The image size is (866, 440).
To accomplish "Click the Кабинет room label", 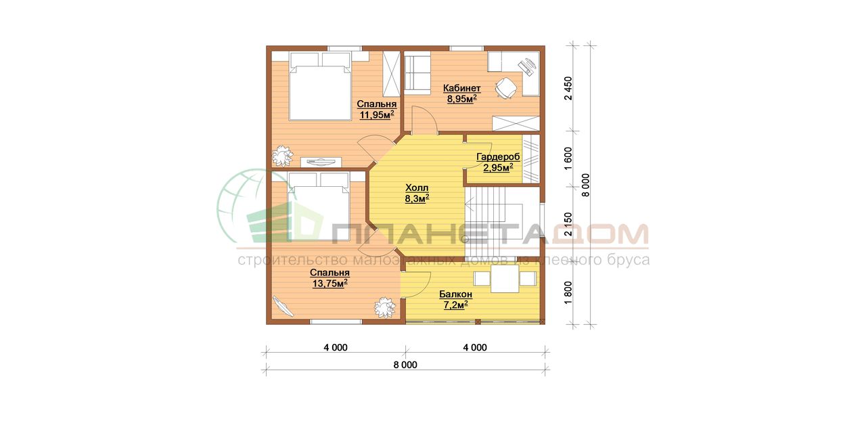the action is [x=461, y=88].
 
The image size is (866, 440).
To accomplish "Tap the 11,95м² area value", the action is [x=377, y=115].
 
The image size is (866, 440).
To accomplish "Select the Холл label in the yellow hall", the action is [x=417, y=188].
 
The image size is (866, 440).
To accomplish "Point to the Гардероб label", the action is [x=498, y=157].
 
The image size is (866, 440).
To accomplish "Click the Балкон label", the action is [x=455, y=294].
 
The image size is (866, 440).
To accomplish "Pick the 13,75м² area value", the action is [x=329, y=284].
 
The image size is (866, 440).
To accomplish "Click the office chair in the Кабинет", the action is [x=505, y=89].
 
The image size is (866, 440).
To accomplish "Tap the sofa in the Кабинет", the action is [x=417, y=73].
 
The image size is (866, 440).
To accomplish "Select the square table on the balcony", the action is [x=505, y=278].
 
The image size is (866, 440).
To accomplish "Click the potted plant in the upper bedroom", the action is [x=283, y=156].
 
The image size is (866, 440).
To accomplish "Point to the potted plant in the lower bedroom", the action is [x=385, y=307].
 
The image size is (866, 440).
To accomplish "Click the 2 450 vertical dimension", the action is [x=568, y=89].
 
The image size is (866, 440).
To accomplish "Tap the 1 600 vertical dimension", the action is [x=568, y=158].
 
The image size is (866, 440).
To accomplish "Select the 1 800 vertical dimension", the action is [x=568, y=292].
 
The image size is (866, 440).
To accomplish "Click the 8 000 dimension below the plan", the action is [x=405, y=365].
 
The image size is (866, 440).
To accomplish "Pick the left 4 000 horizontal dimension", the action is [x=336, y=347].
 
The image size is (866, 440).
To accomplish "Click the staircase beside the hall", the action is [x=502, y=221].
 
